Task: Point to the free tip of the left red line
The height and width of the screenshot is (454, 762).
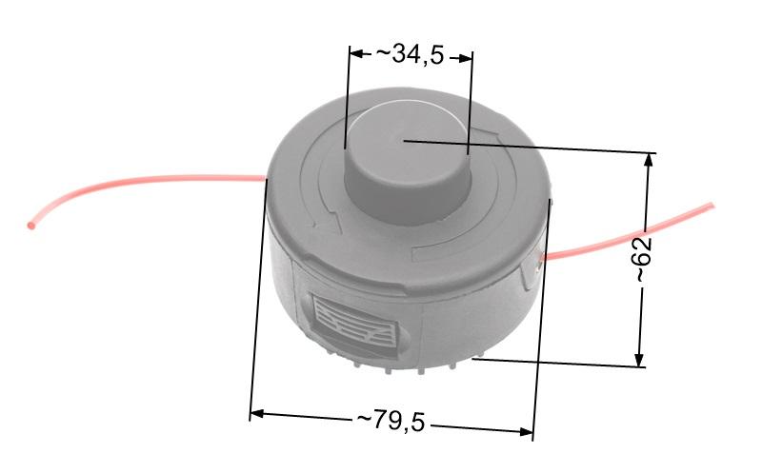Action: tap(32, 227)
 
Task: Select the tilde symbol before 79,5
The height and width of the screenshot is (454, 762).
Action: tap(364, 419)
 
